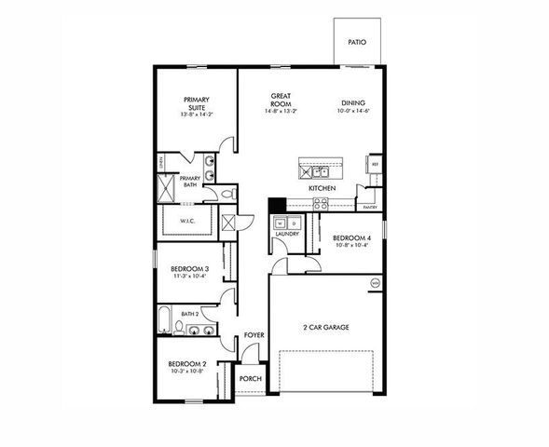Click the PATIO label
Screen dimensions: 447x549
tap(355, 43)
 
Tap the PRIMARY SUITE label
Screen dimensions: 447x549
tap(196, 103)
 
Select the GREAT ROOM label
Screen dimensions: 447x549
tap(282, 100)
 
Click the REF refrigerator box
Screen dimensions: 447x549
tap(375, 165)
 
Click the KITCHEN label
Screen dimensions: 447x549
tap(322, 188)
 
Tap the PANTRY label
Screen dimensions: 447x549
tap(370, 208)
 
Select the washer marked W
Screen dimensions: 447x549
tap(280, 223)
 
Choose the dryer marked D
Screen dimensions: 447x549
tap(293, 223)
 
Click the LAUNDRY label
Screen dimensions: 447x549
tap(286, 234)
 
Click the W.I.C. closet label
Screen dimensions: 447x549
tap(185, 222)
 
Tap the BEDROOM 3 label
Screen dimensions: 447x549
tap(188, 270)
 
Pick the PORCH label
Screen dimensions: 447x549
tap(250, 379)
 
